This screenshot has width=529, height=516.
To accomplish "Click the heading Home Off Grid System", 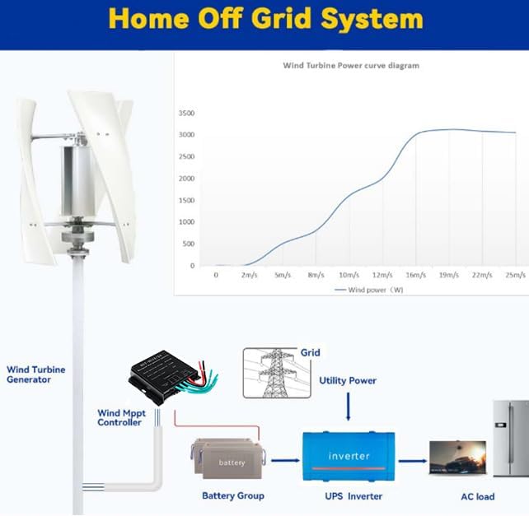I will click(265, 19).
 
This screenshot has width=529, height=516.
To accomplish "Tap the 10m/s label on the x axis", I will click(349, 276).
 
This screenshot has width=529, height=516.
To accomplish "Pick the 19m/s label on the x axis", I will click(449, 276).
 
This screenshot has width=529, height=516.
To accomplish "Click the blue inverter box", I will click(349, 455).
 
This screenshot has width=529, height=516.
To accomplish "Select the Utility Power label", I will click(348, 380).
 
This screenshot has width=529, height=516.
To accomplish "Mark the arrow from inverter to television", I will click(412, 461).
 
